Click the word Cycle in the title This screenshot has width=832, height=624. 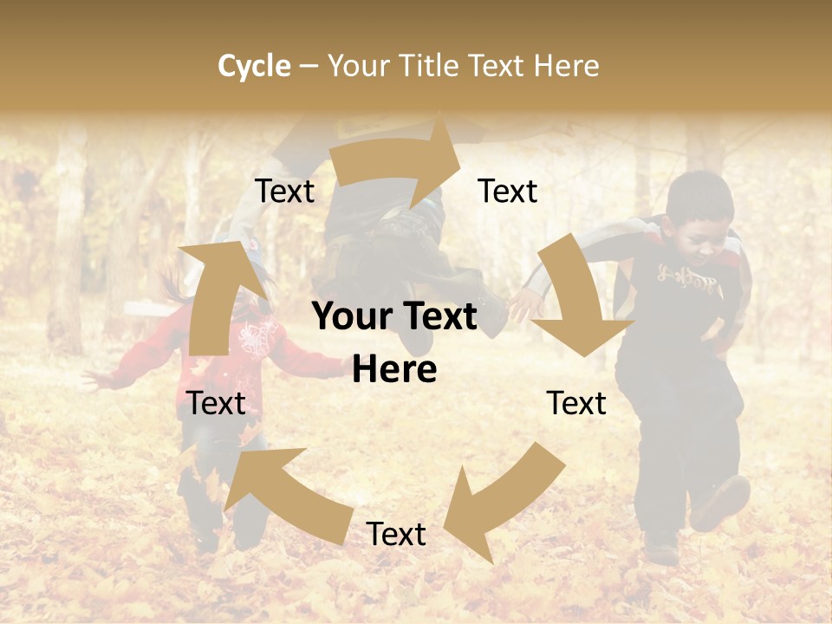[x=254, y=66]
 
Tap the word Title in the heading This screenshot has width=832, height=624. [x=431, y=66]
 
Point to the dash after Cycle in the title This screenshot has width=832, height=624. [x=309, y=67]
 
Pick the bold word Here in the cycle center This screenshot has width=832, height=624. [x=394, y=370]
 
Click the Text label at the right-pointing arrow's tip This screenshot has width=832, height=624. [x=508, y=191]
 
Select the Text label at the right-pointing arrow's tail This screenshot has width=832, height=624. [x=284, y=191]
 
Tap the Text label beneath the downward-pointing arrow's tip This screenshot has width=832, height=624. [x=576, y=403]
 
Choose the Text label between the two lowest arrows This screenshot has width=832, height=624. [x=396, y=535]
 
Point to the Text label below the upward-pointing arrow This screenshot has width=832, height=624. [x=217, y=403]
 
